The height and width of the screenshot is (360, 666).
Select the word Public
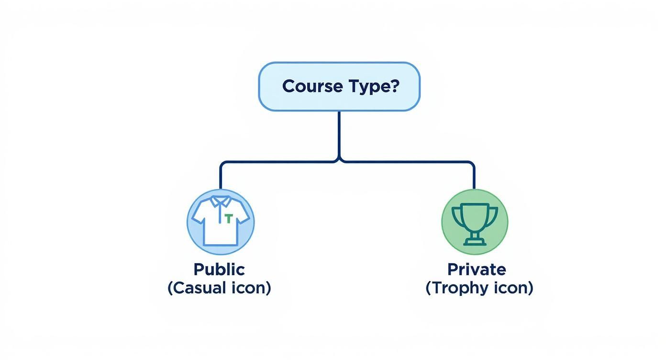tap(219, 270)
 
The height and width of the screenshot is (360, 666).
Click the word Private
tap(477, 270)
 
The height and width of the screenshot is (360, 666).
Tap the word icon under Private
tap(514, 288)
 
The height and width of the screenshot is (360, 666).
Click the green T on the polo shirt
tap(228, 218)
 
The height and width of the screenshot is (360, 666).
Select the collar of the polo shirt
tap(220, 201)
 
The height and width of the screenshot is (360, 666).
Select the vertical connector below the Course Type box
tap(339, 135)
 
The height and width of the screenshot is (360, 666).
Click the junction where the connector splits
tap(339, 161)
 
